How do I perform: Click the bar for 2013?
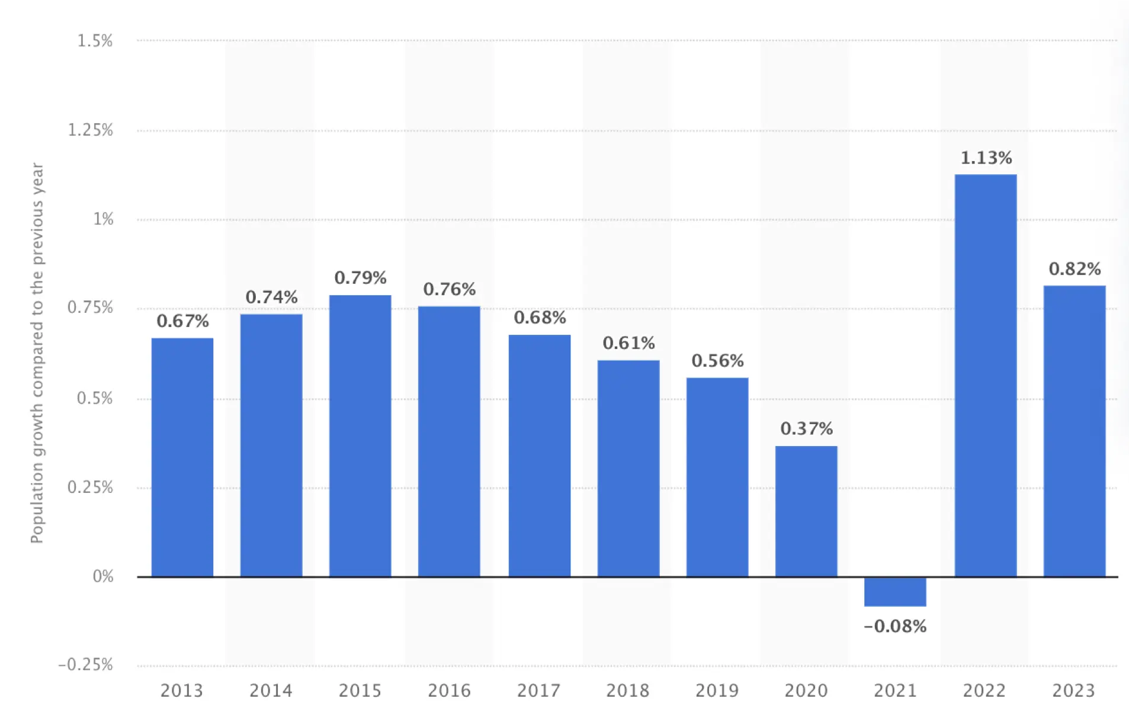pyautogui.click(x=182, y=457)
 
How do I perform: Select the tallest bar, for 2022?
pyautogui.click(x=985, y=375)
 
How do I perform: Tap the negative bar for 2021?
pyautogui.click(x=894, y=591)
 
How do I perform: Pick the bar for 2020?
pyautogui.click(x=806, y=511)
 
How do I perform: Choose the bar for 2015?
pyautogui.click(x=360, y=435)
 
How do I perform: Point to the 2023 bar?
pyautogui.click(x=1074, y=431)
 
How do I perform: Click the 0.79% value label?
pyautogui.click(x=360, y=277)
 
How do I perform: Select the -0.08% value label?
pyautogui.click(x=894, y=626)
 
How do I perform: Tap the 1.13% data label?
pyautogui.click(x=986, y=158)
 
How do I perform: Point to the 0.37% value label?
pyautogui.click(x=806, y=428)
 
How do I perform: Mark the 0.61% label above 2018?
pyautogui.click(x=628, y=343)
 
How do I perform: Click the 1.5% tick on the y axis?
pyautogui.click(x=95, y=41)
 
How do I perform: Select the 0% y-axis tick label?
pyautogui.click(x=103, y=576)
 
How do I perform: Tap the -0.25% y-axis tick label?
pyautogui.click(x=86, y=665)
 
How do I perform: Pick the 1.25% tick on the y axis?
pyautogui.click(x=90, y=130)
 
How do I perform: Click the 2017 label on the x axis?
pyautogui.click(x=538, y=691)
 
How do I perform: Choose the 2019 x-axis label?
pyautogui.click(x=717, y=691)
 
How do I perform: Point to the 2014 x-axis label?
pyautogui.click(x=271, y=691)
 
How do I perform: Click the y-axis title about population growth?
pyautogui.click(x=37, y=353)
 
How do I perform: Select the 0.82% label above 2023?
pyautogui.click(x=1075, y=269)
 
